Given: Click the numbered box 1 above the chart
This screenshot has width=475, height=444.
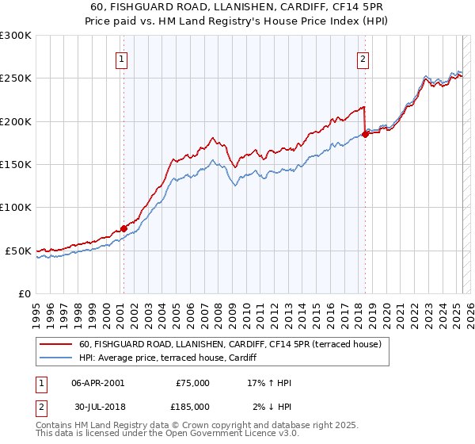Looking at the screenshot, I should (x=123, y=58).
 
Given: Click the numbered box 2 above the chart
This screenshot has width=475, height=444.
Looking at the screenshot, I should (x=363, y=58).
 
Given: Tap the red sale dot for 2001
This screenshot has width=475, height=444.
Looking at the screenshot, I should (x=123, y=228).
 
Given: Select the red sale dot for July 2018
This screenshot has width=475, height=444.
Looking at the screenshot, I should (x=365, y=135).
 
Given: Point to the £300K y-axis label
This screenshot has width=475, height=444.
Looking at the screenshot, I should (x=16, y=36).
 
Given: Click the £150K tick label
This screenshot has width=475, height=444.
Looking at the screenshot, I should (x=16, y=165).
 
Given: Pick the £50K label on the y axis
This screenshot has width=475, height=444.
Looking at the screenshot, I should (x=18, y=251).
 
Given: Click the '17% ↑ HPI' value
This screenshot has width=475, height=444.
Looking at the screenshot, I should (x=270, y=383).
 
